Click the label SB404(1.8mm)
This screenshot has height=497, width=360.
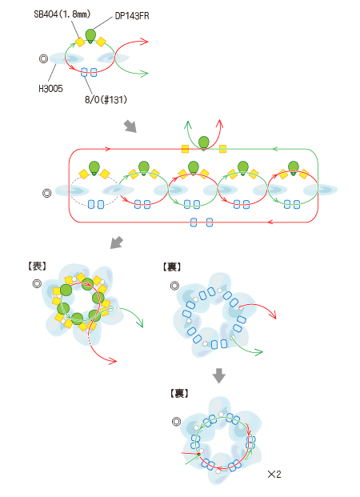point(62,14)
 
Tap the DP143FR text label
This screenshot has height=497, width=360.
point(132,16)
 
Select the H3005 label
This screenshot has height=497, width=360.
point(50,88)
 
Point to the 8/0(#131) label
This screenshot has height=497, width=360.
point(106,99)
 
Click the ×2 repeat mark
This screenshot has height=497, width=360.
point(274,474)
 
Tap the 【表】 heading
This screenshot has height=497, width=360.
point(37,267)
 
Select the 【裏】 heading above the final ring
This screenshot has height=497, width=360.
point(179,393)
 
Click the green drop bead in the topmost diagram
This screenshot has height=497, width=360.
point(90,36)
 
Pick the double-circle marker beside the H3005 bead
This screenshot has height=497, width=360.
point(43,58)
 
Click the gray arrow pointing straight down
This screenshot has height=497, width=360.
point(219,375)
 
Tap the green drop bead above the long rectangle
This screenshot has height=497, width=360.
point(204,143)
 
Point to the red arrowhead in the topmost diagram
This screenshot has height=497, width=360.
point(144,42)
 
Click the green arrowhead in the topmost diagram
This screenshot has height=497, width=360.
point(144,74)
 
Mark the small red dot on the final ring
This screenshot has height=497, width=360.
point(198,455)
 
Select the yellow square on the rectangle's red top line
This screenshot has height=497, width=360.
point(186,149)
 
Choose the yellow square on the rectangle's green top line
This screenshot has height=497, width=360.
point(222,149)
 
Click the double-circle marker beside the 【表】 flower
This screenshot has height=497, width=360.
point(37,283)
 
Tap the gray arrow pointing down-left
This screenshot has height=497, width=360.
point(116,242)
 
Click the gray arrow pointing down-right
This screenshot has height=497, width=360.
point(130,126)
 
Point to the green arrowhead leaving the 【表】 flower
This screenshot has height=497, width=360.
point(140,323)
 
